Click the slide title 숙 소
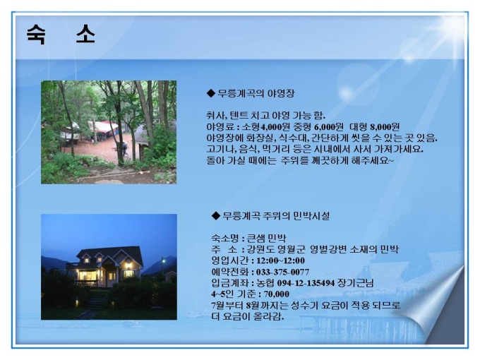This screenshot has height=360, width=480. pos(61,35)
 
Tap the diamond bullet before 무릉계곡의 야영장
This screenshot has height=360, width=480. pos(211,93)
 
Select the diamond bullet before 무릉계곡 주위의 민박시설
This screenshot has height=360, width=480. pos(216,216)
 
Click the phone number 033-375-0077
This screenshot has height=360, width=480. pos(282,272)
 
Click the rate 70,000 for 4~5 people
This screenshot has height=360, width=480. pos(277,294)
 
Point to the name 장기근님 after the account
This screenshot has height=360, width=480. pos(355,283)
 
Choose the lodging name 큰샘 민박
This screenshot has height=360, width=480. pos(266,238)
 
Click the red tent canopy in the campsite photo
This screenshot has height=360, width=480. pos(103,126)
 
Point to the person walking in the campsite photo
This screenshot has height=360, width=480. pos(125,149)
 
